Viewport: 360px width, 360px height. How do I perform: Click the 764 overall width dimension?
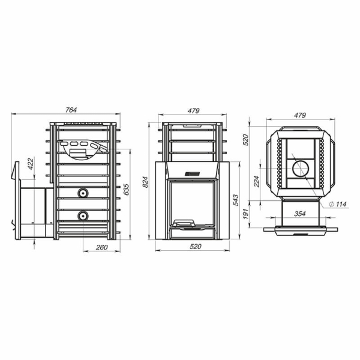pos(71,110)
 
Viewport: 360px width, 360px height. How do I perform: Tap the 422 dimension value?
pos(31,163)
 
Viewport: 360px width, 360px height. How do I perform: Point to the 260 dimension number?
pos(102,247)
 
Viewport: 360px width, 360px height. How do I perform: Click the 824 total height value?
pos(145,182)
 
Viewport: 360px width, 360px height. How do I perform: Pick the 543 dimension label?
pos(236,200)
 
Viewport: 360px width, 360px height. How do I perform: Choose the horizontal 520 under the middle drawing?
pos(196,247)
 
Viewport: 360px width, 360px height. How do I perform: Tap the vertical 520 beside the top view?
pos(245,140)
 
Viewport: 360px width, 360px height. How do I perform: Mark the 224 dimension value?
pos(256,181)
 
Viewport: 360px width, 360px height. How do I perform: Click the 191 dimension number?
pos(245,214)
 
